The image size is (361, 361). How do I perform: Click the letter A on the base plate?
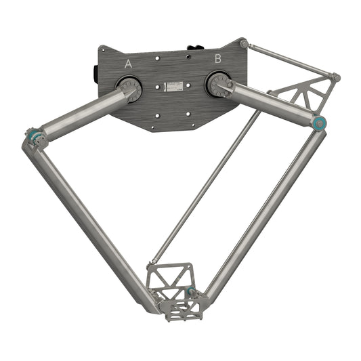pos(129,64)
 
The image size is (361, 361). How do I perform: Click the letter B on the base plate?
pos(218,59)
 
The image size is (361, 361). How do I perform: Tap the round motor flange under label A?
pos(129,87)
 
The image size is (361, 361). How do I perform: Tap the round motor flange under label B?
pos(219,85)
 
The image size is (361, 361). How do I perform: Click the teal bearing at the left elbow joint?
pos(32,138)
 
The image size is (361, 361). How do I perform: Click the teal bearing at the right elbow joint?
pos(320,123)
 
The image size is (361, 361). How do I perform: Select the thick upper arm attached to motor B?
pos(271,102)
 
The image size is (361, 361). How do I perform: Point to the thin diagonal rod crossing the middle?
pos(203,190)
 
